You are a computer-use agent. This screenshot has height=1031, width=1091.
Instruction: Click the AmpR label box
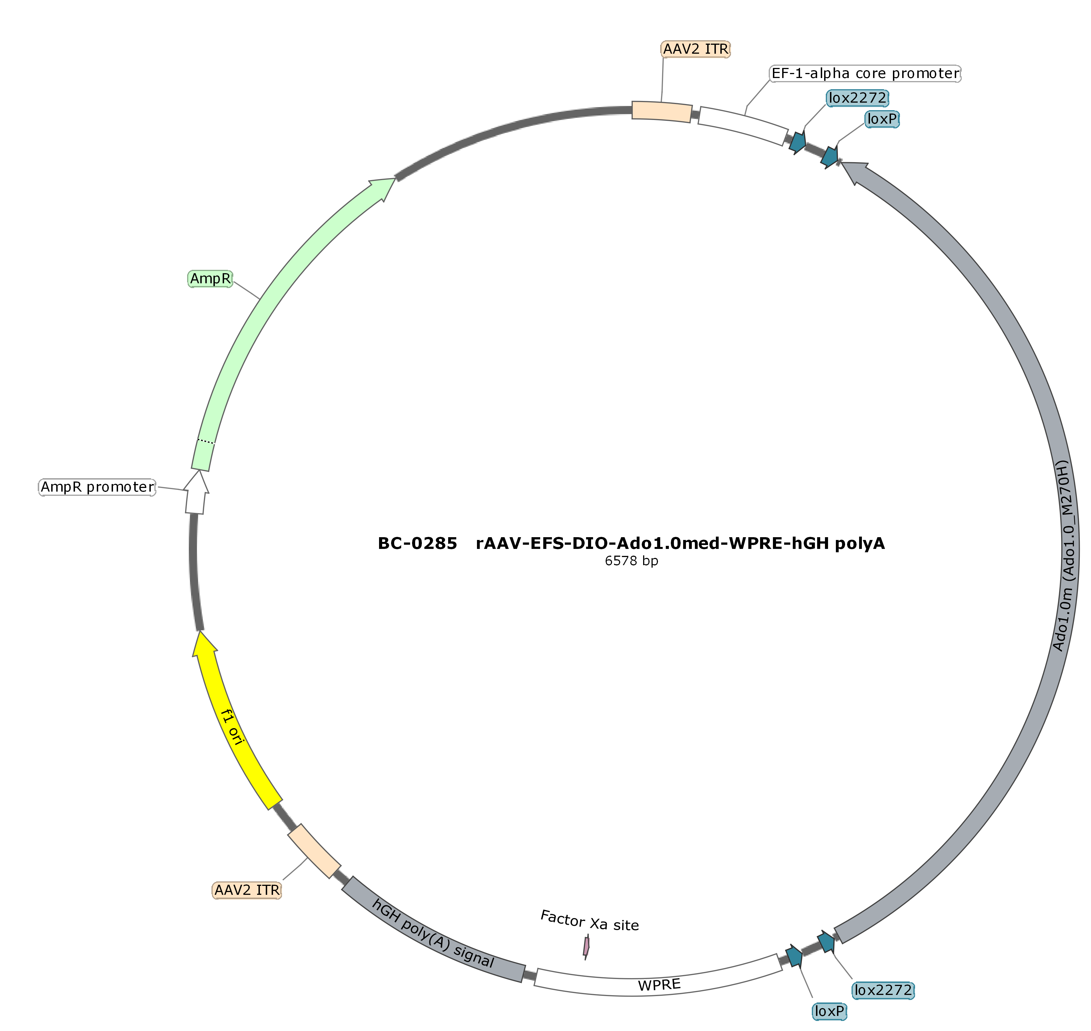(x=210, y=279)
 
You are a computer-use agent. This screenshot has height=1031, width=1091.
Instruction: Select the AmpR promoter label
(x=97, y=487)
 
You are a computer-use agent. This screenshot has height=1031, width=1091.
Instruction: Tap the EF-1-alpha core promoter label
(x=865, y=73)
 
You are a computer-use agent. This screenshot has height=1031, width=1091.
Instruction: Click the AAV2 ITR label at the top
(x=696, y=49)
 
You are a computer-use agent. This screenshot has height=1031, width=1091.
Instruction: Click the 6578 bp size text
(x=631, y=561)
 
